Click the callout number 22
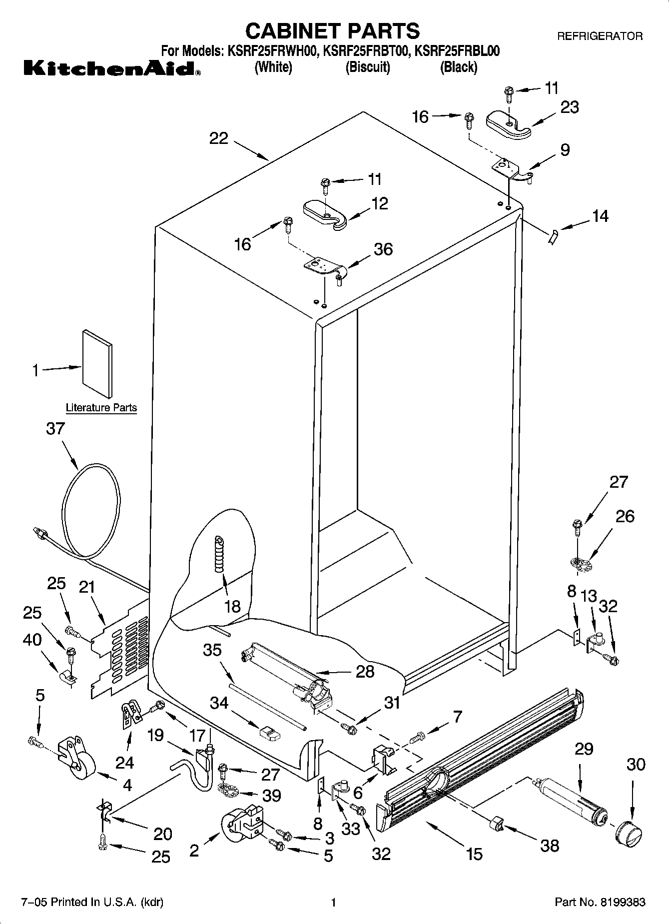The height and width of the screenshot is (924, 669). [219, 138]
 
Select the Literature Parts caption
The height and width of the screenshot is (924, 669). [101, 408]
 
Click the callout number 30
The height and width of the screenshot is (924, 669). [636, 764]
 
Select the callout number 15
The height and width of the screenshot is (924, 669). [474, 854]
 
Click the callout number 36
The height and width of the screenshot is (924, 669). [383, 249]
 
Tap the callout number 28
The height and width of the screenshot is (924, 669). [365, 671]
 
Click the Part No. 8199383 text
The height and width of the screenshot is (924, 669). [600, 902]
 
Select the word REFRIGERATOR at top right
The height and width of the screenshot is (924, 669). [600, 36]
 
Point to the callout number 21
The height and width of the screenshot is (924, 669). [87, 586]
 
